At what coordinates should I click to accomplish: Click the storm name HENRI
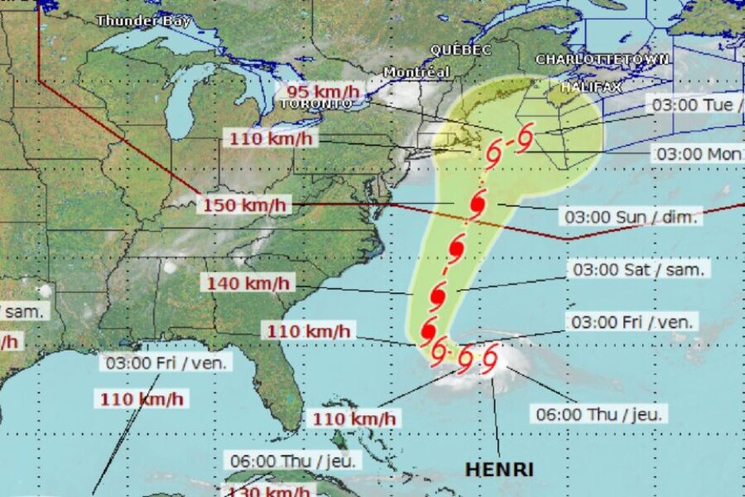[x=498, y=469]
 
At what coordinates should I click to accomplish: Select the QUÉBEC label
[x=460, y=50]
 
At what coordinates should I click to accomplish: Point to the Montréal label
[x=416, y=72]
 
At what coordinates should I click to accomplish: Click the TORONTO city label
[x=310, y=104]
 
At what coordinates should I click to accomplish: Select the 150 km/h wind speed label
[x=243, y=205]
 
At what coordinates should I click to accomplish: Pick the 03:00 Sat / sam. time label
[x=638, y=269]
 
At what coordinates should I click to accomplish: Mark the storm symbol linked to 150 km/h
[x=478, y=204]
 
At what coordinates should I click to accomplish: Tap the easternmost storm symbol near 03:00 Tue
[x=523, y=140]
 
